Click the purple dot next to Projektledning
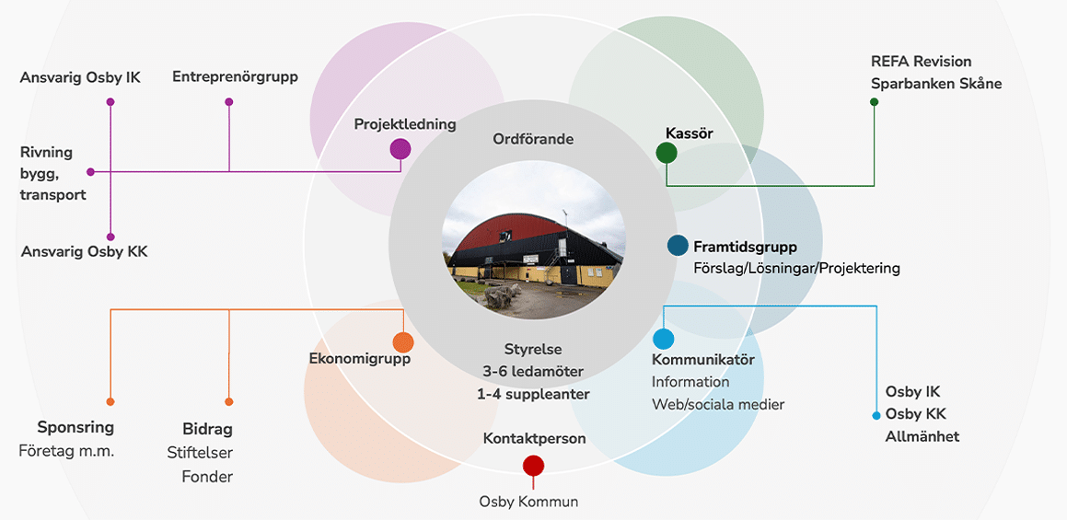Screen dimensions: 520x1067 (x=400, y=148)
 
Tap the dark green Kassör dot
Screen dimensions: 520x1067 (x=667, y=153)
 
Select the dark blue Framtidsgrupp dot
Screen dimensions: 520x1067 (x=678, y=246)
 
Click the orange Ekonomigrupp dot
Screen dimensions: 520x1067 (x=403, y=342)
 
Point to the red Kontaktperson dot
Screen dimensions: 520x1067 (x=533, y=466)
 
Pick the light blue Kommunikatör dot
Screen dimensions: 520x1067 (x=663, y=339)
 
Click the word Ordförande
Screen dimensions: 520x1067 (x=533, y=139)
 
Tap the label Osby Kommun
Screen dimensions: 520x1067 (x=528, y=502)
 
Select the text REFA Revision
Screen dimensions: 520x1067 (x=921, y=62)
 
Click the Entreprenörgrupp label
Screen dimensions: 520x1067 (x=235, y=77)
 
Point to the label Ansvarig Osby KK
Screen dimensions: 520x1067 (x=84, y=252)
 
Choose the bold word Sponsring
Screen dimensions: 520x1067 (x=75, y=427)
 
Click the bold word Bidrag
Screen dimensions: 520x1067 (x=207, y=429)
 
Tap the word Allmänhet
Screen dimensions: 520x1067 (x=922, y=436)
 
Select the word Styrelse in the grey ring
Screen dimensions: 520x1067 (x=533, y=350)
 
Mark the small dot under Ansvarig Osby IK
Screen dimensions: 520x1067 (x=110, y=101)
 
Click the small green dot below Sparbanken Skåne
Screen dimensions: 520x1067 (x=874, y=101)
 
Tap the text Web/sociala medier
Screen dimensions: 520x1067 (x=718, y=404)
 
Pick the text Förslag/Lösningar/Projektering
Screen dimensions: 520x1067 (x=796, y=269)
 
